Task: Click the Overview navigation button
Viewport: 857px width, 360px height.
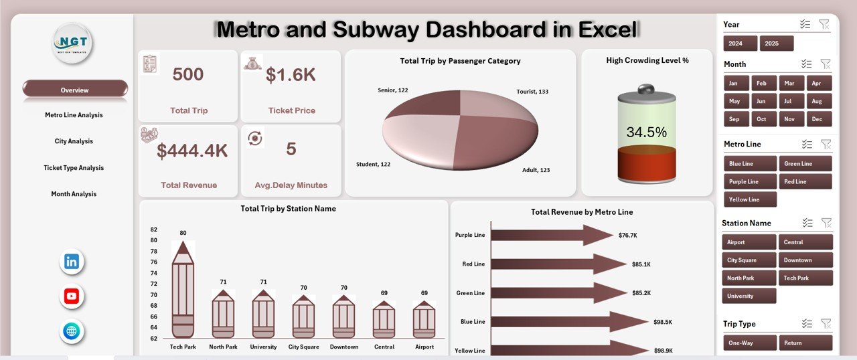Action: tap(74, 90)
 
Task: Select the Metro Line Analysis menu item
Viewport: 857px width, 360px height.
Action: tap(74, 115)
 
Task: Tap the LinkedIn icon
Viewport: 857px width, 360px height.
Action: tap(72, 262)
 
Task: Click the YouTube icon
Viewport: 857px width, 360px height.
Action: tap(72, 296)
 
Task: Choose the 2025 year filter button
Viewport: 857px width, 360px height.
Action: tap(776, 43)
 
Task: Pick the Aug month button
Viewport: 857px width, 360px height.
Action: tap(815, 102)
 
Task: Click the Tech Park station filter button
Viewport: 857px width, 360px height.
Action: tap(805, 278)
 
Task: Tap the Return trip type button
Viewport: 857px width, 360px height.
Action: tap(805, 343)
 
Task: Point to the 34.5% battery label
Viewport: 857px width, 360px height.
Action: tap(646, 132)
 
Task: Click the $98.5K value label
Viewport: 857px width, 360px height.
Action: tap(662, 322)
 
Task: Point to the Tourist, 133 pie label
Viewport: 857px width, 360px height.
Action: tap(532, 91)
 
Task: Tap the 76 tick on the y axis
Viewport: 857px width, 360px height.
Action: tap(153, 262)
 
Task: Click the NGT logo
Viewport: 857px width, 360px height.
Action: tap(72, 43)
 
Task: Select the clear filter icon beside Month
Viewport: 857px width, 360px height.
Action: tap(826, 64)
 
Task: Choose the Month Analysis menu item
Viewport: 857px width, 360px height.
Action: tap(74, 194)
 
